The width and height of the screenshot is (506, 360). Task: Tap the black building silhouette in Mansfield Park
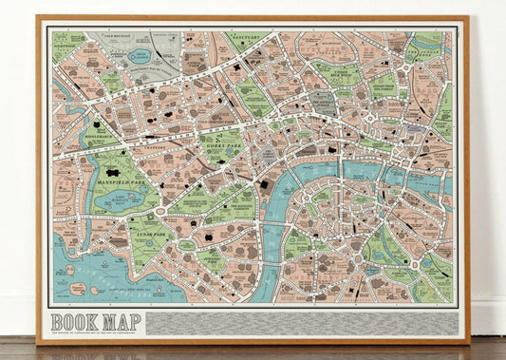tap(113, 174)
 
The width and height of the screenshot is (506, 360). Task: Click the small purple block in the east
tap(415, 127)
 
